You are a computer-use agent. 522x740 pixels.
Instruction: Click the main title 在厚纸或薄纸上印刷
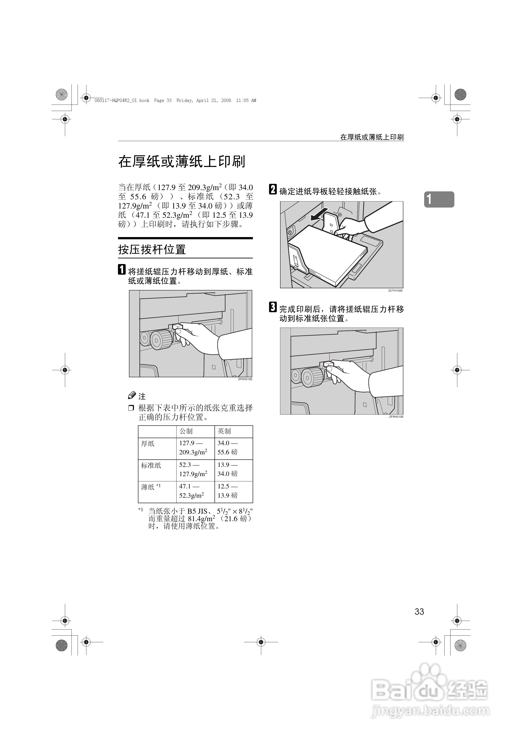(x=182, y=161)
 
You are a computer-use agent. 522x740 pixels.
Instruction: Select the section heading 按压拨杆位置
(x=152, y=249)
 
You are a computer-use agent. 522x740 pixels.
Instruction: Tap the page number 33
(x=419, y=611)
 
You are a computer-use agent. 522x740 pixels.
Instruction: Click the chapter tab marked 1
(x=439, y=200)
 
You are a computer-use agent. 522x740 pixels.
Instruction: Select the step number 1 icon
(x=122, y=269)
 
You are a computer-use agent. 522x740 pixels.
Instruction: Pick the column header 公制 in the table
(x=186, y=431)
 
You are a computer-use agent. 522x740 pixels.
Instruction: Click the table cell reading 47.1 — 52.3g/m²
(x=192, y=491)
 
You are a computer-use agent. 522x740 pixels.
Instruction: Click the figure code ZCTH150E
(x=395, y=291)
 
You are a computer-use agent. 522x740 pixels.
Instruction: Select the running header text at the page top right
(x=372, y=137)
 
